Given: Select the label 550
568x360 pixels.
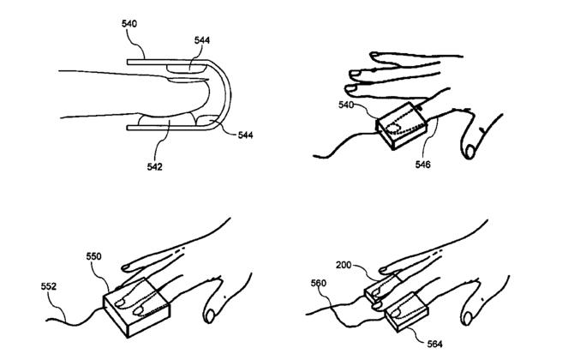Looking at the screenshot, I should coord(95,256).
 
